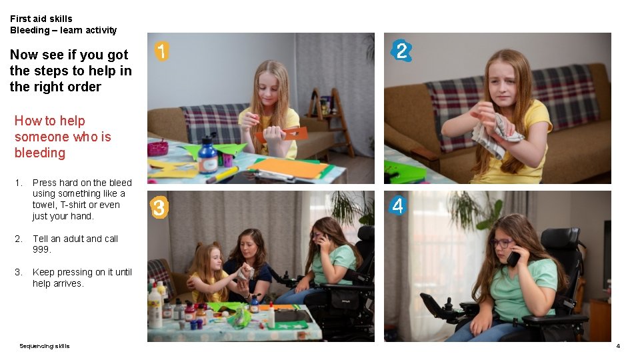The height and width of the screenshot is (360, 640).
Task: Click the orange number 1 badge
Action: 161,51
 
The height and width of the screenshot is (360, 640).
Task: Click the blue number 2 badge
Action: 401,51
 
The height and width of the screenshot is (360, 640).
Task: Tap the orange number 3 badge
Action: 159,208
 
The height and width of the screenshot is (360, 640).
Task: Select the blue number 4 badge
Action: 398,206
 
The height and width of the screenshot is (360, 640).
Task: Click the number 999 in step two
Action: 41,249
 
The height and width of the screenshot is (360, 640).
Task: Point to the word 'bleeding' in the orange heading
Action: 40,153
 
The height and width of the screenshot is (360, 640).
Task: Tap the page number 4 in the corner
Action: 618,346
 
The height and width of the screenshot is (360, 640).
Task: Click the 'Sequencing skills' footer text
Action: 44,346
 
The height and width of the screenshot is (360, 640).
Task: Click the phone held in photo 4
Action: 513,258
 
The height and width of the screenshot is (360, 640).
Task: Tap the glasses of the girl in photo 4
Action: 502,243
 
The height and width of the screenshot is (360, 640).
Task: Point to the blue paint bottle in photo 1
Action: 208,157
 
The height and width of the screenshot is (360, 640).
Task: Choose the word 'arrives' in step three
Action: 69,283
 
